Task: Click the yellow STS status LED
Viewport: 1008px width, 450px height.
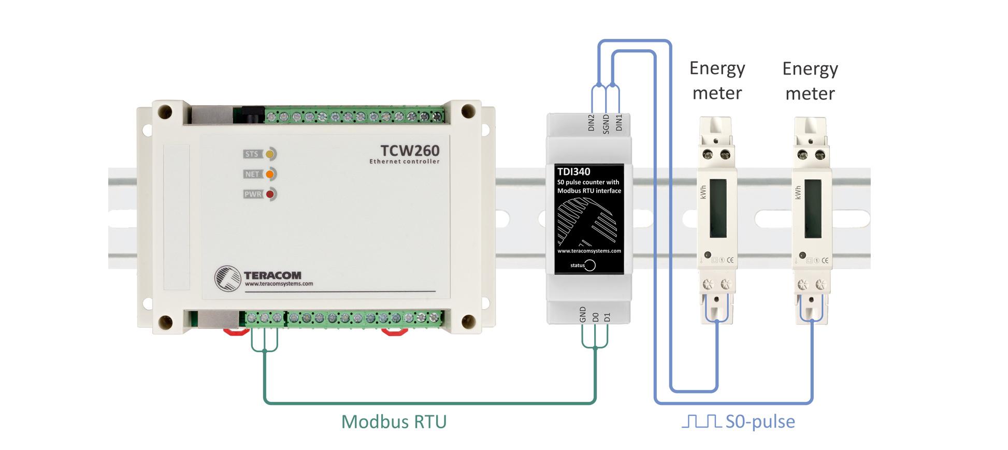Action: [x=269, y=154]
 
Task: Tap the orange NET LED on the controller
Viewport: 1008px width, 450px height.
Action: [x=269, y=174]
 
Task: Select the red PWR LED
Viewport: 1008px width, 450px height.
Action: [x=269, y=194]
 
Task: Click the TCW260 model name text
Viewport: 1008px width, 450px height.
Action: [x=410, y=151]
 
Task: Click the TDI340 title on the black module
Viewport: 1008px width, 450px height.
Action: [x=574, y=171]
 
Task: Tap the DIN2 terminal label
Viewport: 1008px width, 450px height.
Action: [x=592, y=123]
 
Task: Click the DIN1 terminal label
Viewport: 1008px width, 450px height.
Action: [x=618, y=123]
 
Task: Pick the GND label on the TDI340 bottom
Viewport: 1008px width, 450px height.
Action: [x=583, y=314]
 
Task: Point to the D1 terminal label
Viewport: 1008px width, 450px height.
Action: [x=608, y=317]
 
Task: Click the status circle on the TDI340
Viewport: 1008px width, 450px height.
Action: [x=590, y=265]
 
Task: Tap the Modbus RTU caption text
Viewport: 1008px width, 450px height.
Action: [x=394, y=422]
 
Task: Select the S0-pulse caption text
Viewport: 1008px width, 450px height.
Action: [x=760, y=422]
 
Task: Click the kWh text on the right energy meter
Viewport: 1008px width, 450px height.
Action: [x=798, y=192]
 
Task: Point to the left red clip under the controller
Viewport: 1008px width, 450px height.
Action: [x=236, y=332]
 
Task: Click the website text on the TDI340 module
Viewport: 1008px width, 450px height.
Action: [x=589, y=251]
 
